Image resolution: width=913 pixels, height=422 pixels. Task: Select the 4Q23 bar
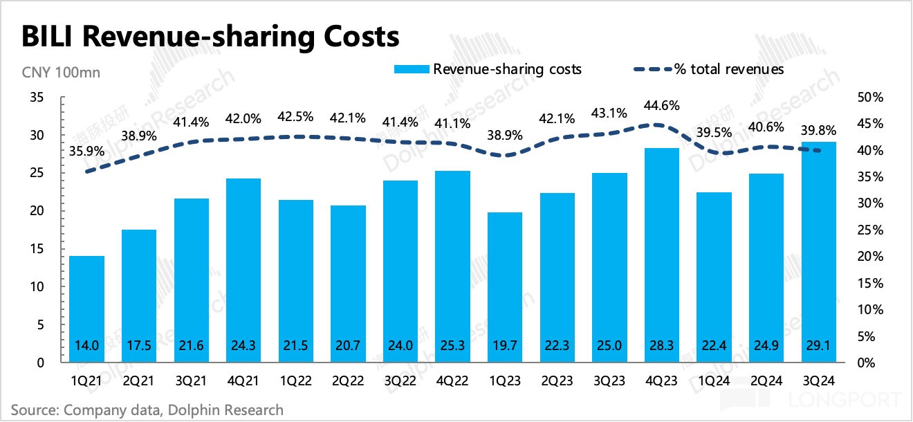(x=661, y=255)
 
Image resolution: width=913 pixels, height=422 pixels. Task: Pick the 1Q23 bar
(x=504, y=287)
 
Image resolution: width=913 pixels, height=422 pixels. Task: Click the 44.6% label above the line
(x=661, y=106)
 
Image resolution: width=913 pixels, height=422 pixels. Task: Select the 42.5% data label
(x=295, y=116)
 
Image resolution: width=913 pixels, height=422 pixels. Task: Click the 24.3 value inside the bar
(x=243, y=345)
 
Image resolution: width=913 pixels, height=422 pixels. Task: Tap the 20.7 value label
(x=348, y=345)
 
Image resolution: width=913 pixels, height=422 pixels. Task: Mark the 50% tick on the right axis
(x=869, y=98)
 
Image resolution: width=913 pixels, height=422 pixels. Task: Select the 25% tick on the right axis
(x=869, y=230)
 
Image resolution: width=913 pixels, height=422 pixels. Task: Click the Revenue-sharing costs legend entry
(x=488, y=69)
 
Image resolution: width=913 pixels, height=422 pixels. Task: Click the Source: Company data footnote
(x=147, y=410)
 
